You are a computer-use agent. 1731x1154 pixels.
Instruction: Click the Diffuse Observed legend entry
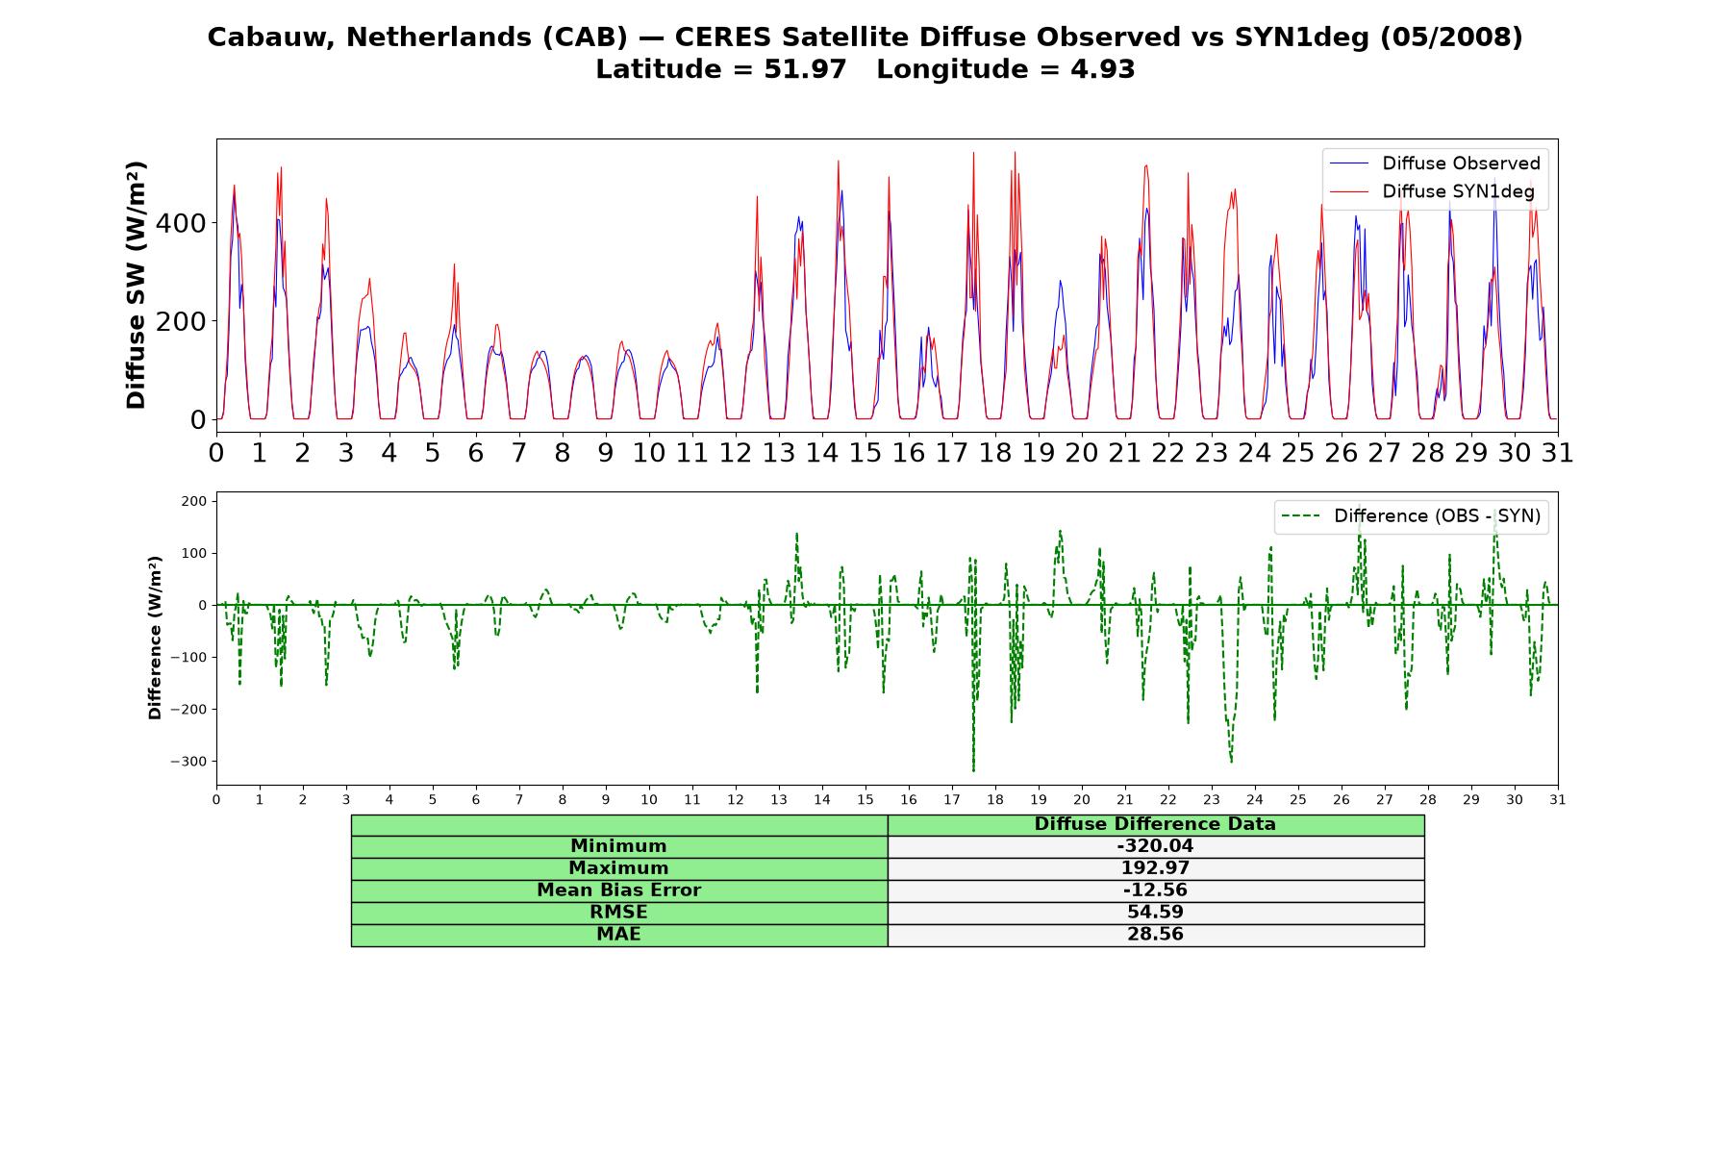click(1435, 163)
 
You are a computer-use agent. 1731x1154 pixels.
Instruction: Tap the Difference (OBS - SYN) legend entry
click(1411, 516)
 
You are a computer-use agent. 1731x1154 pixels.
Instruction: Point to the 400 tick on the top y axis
click(182, 223)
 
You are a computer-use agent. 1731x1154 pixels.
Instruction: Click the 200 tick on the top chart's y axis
click(182, 321)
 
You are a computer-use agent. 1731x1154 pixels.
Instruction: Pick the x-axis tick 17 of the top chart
click(952, 452)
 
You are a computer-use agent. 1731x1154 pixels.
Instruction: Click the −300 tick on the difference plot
click(189, 762)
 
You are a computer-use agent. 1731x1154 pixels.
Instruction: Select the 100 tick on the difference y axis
click(195, 553)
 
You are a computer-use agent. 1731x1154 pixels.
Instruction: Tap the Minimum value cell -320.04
click(1155, 846)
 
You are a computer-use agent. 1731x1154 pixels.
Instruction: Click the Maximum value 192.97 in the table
click(1155, 868)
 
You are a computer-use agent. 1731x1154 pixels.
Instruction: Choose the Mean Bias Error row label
click(618, 891)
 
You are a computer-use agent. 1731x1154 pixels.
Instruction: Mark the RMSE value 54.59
click(1155, 913)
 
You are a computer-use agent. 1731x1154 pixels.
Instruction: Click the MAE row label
click(618, 935)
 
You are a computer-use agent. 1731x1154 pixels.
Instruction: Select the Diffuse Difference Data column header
click(1155, 824)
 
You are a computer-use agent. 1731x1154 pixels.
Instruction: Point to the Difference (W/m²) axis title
click(155, 638)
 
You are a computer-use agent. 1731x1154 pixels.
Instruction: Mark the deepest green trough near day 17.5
click(973, 770)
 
